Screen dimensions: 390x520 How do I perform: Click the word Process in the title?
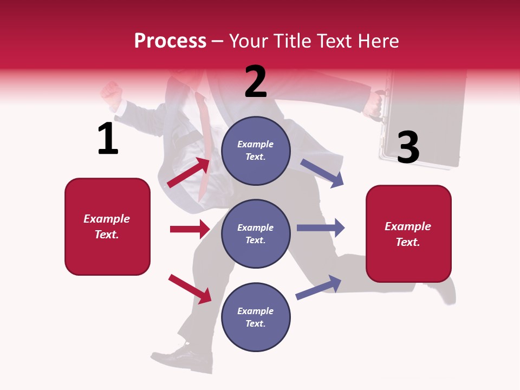pos(170,41)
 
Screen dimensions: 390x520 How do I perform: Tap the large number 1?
pos(108,139)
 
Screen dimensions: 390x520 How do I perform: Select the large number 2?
pos(256,82)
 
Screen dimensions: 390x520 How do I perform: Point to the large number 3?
pos(408,147)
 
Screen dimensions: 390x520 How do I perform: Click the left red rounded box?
pos(107,226)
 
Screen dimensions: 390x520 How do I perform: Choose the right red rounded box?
pos(408,234)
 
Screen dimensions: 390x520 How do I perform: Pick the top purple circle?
pos(256,151)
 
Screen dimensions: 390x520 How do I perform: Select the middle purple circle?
pos(256,233)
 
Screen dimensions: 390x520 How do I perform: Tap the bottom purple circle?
pos(256,317)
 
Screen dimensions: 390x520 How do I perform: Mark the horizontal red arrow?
pos(190,229)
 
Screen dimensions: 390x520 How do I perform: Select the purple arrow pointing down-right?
pos(322,173)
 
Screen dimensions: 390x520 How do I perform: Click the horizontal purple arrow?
pos(320,227)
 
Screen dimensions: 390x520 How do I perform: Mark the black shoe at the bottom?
pos(187,357)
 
